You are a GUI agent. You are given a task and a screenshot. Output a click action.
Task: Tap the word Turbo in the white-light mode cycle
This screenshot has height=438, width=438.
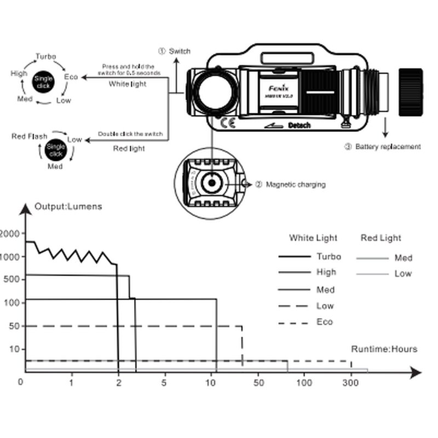click(46, 56)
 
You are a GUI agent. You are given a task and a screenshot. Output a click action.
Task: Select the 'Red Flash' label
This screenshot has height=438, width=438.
click(30, 136)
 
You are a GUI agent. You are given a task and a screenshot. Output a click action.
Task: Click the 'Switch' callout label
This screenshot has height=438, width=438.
click(180, 51)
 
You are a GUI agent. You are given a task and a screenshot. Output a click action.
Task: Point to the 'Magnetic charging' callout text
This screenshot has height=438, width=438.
click(295, 185)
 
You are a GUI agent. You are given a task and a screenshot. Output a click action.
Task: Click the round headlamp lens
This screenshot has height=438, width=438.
click(215, 91)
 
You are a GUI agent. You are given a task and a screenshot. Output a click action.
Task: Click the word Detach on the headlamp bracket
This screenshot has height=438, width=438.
click(299, 125)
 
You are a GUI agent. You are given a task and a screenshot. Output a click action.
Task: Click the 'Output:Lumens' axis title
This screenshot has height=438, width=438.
click(68, 206)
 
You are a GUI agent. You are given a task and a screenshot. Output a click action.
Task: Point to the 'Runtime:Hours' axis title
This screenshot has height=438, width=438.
click(384, 349)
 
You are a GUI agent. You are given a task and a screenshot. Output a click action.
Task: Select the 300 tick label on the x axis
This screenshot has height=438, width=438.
click(351, 383)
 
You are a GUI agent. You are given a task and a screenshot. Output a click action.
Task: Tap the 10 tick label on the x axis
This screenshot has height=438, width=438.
click(211, 383)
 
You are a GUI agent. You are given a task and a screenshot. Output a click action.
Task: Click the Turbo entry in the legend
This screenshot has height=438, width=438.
click(328, 256)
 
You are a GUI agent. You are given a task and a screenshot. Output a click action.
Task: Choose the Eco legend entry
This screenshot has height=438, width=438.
click(324, 322)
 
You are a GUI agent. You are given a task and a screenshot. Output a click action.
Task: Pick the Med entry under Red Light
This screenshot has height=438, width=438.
click(403, 258)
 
